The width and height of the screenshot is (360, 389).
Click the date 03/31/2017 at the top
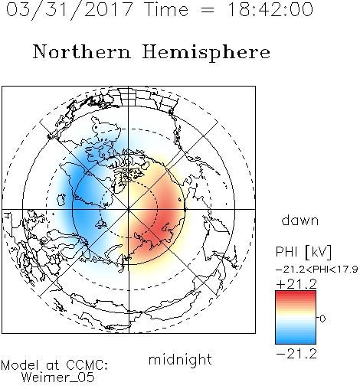(70, 9)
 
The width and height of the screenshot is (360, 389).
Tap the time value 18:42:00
(270, 9)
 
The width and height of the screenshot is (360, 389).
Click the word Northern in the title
(82, 51)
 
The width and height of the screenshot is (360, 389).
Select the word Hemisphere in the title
(206, 53)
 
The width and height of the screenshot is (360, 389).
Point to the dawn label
(300, 220)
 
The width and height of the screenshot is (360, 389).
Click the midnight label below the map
(180, 360)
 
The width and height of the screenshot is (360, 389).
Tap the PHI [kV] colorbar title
(303, 252)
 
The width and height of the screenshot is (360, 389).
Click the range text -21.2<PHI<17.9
(316, 270)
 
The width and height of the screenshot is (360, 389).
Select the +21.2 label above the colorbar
(296, 284)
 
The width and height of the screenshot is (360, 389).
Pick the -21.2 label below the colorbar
(296, 354)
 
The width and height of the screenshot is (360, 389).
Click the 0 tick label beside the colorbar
(322, 319)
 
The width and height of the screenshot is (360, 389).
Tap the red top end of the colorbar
(296, 293)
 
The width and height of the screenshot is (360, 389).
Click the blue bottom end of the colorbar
(296, 342)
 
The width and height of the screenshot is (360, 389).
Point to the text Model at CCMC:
(54, 365)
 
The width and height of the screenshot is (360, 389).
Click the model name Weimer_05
(58, 378)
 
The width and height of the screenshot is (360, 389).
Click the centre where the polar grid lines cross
(129, 210)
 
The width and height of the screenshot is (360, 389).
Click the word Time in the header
(166, 9)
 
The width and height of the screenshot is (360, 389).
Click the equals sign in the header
(207, 10)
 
